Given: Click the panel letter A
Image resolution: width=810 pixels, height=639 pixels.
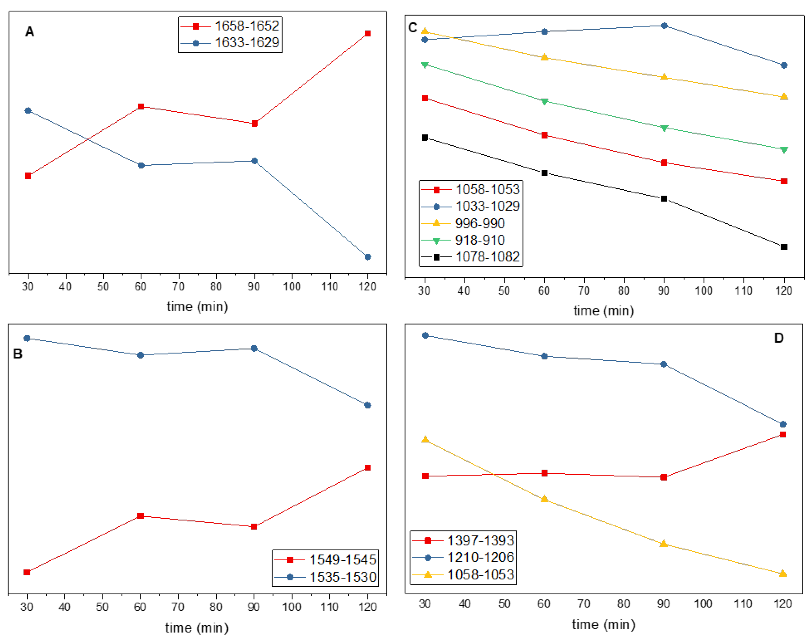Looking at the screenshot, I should tap(29, 32).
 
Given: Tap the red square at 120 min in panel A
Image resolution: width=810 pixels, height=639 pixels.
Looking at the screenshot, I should tap(367, 34).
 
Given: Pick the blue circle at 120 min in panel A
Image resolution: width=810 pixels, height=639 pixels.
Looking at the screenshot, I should tap(367, 257).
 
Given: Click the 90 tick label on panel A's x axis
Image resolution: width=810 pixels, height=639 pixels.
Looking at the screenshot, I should tap(254, 287).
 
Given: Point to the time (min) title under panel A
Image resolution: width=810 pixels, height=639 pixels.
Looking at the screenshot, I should tap(197, 307).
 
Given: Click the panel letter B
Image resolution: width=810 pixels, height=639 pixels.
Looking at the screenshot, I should tap(18, 354).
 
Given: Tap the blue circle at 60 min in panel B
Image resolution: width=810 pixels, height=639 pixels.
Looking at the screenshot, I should tap(141, 355).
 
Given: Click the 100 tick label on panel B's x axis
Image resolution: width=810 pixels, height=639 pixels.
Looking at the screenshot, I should tap(292, 607).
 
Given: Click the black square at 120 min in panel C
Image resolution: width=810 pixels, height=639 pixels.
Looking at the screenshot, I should tap(784, 247).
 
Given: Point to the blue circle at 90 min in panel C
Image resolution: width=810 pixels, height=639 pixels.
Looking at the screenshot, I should tap(665, 26).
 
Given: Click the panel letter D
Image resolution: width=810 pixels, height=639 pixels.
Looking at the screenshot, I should tap(779, 338).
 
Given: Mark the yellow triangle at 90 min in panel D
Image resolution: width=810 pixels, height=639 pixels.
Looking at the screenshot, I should tap(664, 544).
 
